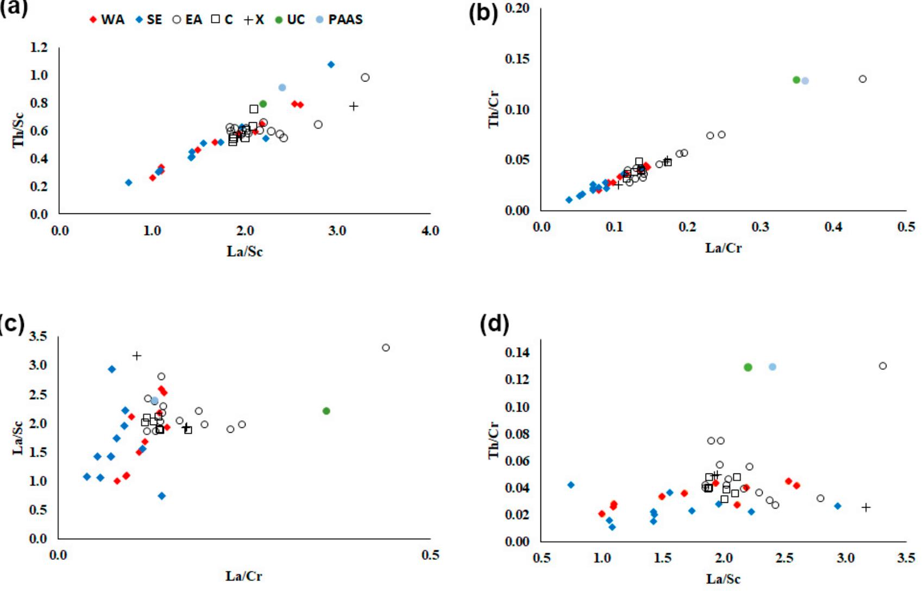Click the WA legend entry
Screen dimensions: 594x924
click(x=107, y=20)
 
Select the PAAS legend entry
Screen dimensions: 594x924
click(x=339, y=20)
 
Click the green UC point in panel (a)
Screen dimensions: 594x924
click(x=263, y=104)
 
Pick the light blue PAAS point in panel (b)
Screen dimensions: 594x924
click(x=805, y=81)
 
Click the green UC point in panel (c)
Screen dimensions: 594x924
click(x=326, y=411)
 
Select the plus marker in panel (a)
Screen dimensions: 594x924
click(x=354, y=106)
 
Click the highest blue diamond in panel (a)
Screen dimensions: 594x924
click(x=331, y=65)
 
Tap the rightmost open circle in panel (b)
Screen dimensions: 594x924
click(x=863, y=79)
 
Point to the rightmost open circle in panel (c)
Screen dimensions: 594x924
click(x=386, y=347)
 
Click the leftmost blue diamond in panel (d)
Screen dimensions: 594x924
click(x=571, y=485)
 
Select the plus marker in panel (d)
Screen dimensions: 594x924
click(x=866, y=507)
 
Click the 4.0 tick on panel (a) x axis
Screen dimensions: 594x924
click(x=430, y=231)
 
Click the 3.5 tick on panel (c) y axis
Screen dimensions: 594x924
click(x=38, y=337)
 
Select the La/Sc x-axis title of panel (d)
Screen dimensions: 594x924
click(x=723, y=579)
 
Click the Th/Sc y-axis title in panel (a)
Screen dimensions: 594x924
click(x=19, y=130)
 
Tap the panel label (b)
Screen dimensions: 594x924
click(x=483, y=14)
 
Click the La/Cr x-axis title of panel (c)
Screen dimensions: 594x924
click(x=244, y=576)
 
